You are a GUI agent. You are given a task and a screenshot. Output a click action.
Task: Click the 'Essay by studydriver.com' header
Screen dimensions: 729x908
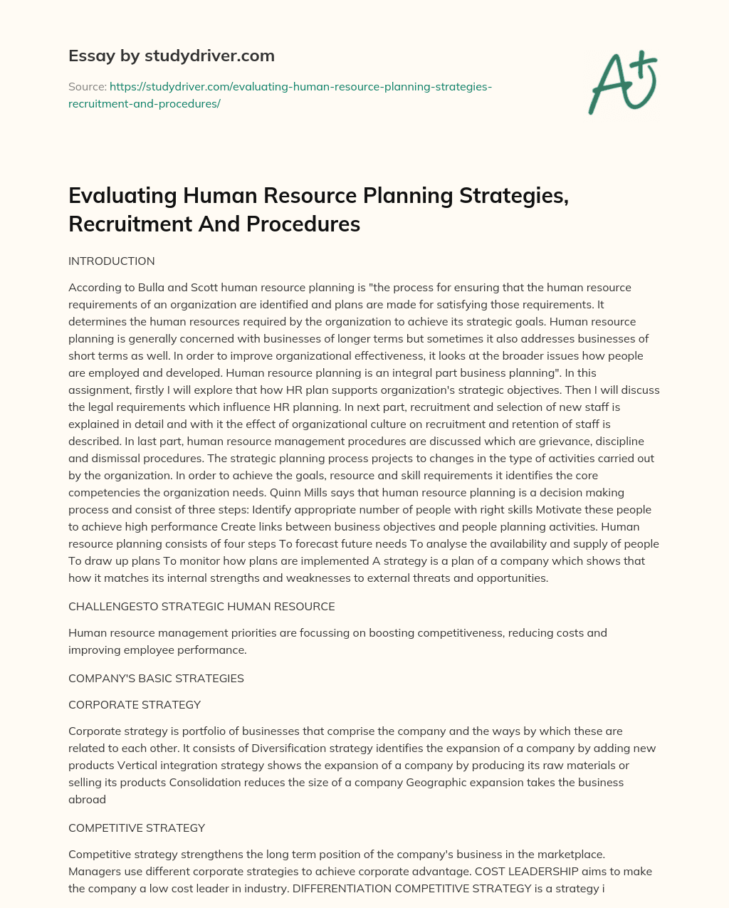171,56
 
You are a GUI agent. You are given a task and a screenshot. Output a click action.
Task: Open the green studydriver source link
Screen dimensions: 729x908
279,95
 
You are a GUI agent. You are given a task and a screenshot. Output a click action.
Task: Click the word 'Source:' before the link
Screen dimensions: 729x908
87,87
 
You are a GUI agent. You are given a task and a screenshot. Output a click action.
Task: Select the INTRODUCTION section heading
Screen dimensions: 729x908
111,261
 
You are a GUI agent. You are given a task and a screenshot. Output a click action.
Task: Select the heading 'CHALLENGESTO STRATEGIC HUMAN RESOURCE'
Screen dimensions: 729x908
201,607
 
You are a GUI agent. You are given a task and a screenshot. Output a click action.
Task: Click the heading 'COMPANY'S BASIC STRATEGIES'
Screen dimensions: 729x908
156,678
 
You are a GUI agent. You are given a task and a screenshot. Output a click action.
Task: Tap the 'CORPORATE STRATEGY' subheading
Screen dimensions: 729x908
135,704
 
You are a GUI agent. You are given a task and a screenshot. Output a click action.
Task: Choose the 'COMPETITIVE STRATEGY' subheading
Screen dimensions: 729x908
137,828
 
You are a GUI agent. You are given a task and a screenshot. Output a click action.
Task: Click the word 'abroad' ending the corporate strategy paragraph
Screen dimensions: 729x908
87,799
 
